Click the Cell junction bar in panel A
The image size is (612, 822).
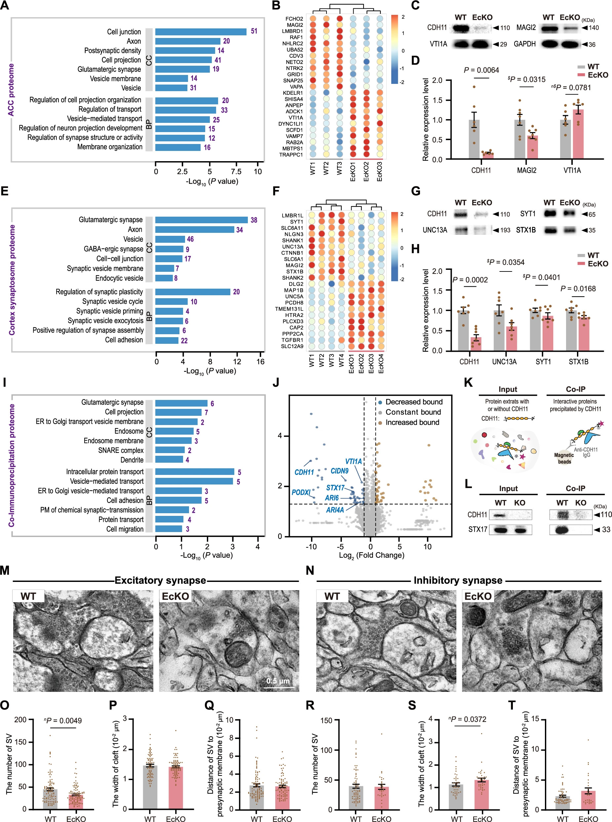click(200, 32)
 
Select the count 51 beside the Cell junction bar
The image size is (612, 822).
click(254, 31)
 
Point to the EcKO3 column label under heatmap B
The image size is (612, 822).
click(379, 172)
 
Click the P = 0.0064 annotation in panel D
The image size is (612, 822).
click(481, 70)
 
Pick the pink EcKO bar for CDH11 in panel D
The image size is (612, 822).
click(488, 155)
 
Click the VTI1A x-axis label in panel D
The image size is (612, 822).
click(572, 170)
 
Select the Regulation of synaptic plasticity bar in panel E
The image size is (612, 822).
click(193, 292)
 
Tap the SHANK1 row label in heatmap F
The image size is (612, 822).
click(293, 241)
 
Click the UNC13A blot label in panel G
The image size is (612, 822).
click(435, 230)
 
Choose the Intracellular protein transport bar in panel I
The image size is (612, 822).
click(195, 472)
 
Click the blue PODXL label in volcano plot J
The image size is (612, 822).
click(301, 492)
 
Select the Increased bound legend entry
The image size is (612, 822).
click(412, 422)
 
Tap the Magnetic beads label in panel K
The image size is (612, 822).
click(564, 458)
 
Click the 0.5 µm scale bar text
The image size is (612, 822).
click(278, 681)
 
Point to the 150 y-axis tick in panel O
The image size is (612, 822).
click(20, 742)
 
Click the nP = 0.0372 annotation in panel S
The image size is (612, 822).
click(467, 719)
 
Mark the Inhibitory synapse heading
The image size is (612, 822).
click(458, 580)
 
